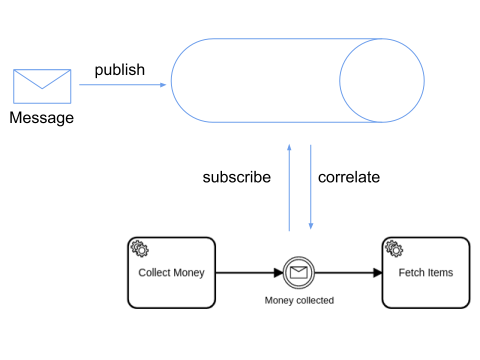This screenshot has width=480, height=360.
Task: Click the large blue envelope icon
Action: click(42, 86)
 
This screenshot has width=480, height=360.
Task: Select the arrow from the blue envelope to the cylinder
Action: click(122, 85)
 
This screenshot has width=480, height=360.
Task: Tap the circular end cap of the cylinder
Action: click(382, 80)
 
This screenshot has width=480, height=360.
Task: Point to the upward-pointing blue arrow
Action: click(289, 187)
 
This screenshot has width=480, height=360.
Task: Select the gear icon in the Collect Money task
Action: click(139, 248)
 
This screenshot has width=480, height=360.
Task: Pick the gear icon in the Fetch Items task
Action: click(394, 248)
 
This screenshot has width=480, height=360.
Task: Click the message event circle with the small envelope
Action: click(298, 272)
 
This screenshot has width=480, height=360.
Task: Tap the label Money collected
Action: click(299, 300)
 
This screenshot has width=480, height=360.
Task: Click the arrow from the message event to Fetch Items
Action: click(348, 272)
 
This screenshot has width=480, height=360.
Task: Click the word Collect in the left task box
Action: click(154, 273)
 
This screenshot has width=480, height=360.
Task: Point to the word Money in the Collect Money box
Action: click(188, 273)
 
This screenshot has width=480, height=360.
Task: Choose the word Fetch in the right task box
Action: click(410, 273)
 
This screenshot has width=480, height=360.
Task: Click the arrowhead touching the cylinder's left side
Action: click(163, 85)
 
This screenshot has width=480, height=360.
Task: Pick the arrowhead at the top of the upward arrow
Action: click(289, 147)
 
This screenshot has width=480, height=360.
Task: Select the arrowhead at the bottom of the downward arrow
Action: click(311, 226)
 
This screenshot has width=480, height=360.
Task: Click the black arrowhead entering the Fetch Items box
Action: click(378, 272)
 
